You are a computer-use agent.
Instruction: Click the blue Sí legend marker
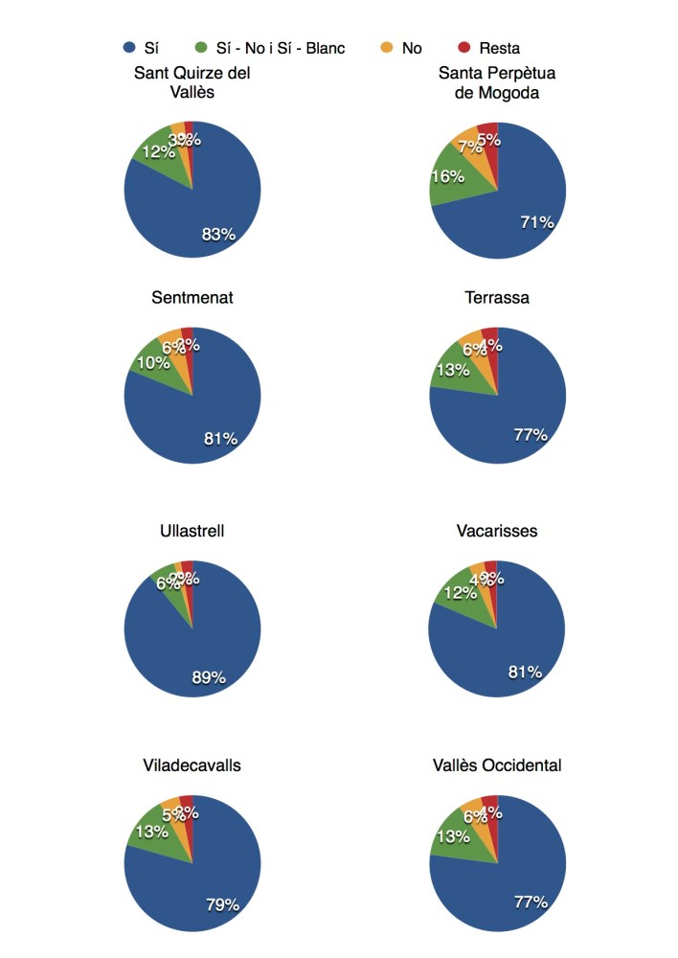(x=129, y=48)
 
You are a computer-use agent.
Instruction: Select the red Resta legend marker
(x=464, y=48)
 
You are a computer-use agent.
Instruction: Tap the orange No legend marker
(x=385, y=48)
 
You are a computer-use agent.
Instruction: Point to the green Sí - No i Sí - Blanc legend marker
(x=201, y=48)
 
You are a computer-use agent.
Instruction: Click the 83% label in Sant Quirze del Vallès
(x=218, y=235)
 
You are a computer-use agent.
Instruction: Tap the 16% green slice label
(x=448, y=176)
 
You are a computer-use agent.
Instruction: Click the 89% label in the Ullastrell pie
(x=209, y=677)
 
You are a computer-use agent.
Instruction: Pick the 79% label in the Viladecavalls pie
(x=221, y=903)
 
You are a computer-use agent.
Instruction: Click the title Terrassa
(x=497, y=298)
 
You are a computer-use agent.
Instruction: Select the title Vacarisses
(x=497, y=531)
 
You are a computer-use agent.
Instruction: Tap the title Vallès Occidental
(x=497, y=764)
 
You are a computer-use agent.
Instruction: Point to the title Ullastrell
(x=192, y=531)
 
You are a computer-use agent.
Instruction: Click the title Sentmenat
(x=192, y=298)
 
